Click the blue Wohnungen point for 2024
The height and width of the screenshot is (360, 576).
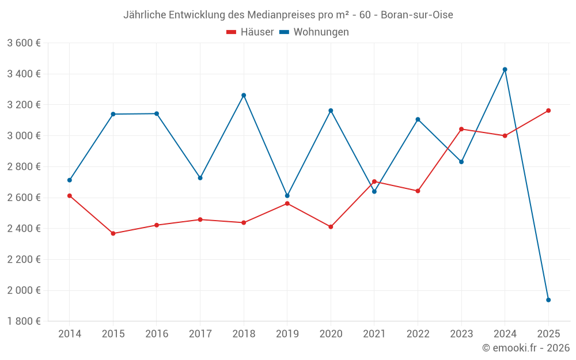(x=505, y=70)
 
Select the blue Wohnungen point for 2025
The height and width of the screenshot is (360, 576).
(x=548, y=300)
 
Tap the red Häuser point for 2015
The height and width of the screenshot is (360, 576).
(x=113, y=233)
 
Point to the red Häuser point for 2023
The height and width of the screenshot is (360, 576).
(x=461, y=129)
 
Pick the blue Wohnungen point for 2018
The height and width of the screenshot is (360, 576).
(x=244, y=95)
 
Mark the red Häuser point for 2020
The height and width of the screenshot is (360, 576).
(x=331, y=227)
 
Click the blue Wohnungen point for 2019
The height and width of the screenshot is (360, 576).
(x=287, y=196)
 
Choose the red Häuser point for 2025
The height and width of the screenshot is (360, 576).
(x=548, y=111)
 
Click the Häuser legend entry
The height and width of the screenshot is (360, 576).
(x=250, y=32)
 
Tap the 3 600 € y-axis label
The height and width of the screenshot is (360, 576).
(x=24, y=43)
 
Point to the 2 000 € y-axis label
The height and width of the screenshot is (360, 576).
(x=24, y=290)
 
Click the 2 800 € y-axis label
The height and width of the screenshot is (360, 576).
(x=24, y=166)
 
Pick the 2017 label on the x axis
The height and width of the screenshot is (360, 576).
(x=200, y=334)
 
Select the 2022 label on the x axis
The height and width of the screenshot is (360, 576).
(x=418, y=334)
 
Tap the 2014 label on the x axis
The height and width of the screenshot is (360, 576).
(x=70, y=334)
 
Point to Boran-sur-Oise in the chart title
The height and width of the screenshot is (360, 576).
(x=416, y=15)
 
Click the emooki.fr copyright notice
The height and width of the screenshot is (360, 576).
(x=526, y=348)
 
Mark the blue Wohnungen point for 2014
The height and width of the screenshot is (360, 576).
(x=70, y=180)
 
